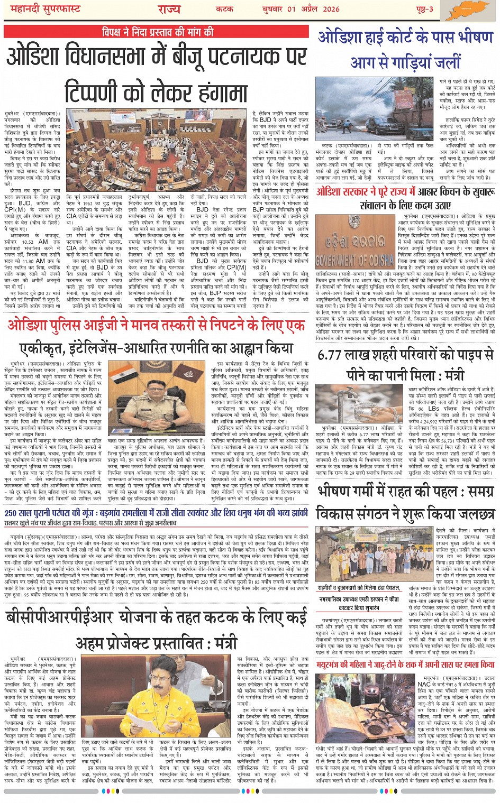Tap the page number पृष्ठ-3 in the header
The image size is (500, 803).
click(424, 10)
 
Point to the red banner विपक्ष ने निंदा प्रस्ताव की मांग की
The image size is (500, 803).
click(158, 32)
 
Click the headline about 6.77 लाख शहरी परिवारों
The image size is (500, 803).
click(405, 365)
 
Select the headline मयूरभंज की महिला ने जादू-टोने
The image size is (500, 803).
click(405, 664)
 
